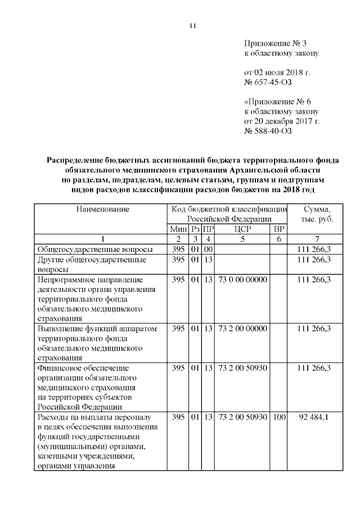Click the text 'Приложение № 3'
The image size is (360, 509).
276,43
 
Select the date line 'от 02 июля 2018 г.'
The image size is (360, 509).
277,73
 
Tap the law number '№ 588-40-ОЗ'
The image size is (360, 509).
268,131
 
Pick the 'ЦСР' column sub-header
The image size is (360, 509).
242,229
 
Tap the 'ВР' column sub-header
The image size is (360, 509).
278,229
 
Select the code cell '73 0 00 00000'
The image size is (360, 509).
242,280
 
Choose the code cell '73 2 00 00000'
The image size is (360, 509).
242,328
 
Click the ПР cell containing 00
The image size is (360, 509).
208,249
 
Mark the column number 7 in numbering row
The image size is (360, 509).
317,239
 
